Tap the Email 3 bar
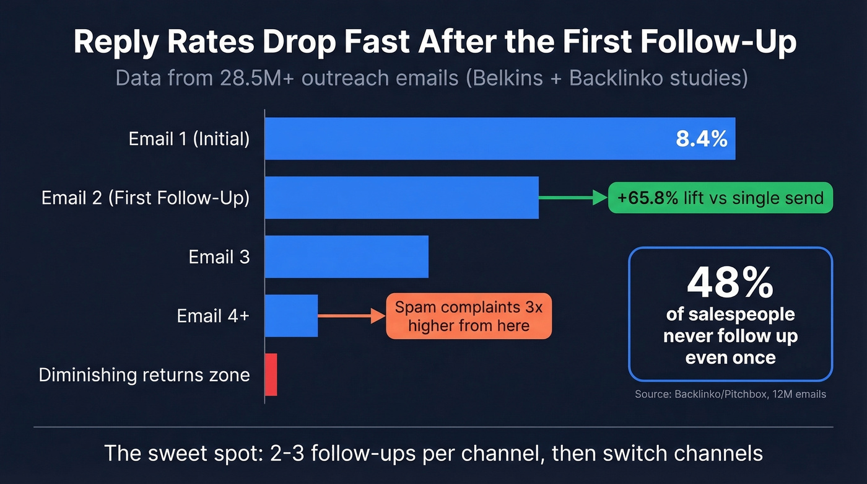click(346, 257)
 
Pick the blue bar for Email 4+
click(291, 315)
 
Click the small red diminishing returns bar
click(271, 374)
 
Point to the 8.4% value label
click(701, 139)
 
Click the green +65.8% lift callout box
click(720, 198)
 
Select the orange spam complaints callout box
click(469, 316)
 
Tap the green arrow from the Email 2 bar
click(573, 198)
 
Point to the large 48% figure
click(730, 283)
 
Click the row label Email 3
click(219, 257)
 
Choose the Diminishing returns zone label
click(144, 375)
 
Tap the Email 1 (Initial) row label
click(189, 139)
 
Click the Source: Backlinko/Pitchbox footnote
click(730, 394)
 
